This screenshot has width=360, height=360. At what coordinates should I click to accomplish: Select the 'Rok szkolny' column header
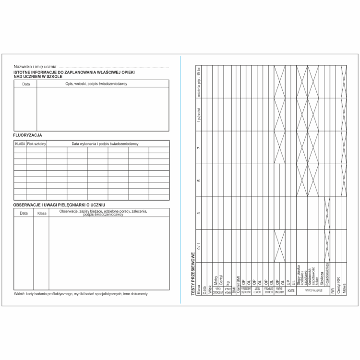pyautogui.click(x=36, y=144)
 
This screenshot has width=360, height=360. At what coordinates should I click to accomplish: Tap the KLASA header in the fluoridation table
pyautogui.click(x=20, y=144)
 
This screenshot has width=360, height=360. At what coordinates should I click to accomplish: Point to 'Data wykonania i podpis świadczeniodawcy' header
pyautogui.click(x=105, y=144)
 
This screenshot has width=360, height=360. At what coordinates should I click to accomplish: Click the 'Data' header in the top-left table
pyautogui.click(x=26, y=84)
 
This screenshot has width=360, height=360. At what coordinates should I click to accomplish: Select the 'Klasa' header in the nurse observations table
pyautogui.click(x=41, y=213)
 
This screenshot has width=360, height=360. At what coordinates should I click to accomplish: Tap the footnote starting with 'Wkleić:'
pyautogui.click(x=81, y=294)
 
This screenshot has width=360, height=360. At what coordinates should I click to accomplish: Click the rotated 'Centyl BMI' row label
pyautogui.click(x=239, y=284)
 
